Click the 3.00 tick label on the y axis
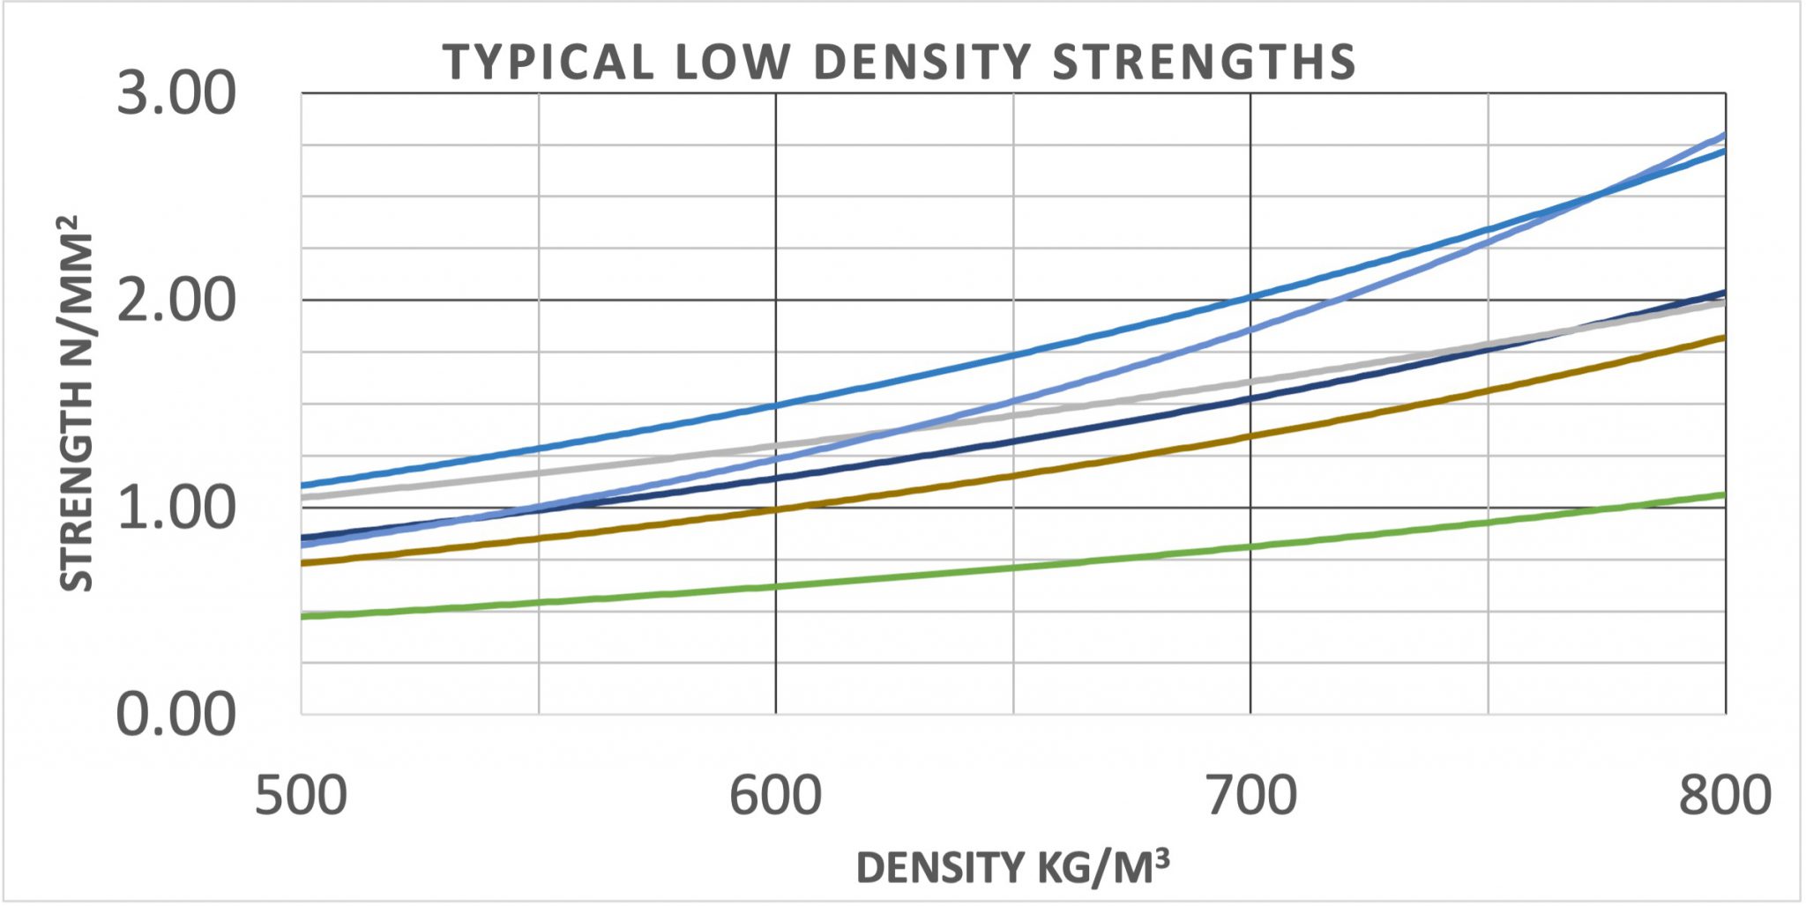click(176, 93)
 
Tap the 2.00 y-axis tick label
click(176, 301)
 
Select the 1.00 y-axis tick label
click(176, 508)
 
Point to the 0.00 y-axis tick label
click(176, 714)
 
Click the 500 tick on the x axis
click(301, 796)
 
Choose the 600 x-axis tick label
click(775, 796)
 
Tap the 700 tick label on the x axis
click(1250, 796)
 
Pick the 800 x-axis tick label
click(1724, 796)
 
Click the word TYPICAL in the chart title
click(548, 63)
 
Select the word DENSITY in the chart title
click(922, 63)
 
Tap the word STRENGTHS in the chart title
click(1205, 63)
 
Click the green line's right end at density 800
click(1724, 494)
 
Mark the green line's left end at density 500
click(302, 616)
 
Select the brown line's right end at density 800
click(1724, 338)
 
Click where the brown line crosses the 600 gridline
click(776, 509)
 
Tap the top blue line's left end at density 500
click(302, 486)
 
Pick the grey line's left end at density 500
click(302, 497)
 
